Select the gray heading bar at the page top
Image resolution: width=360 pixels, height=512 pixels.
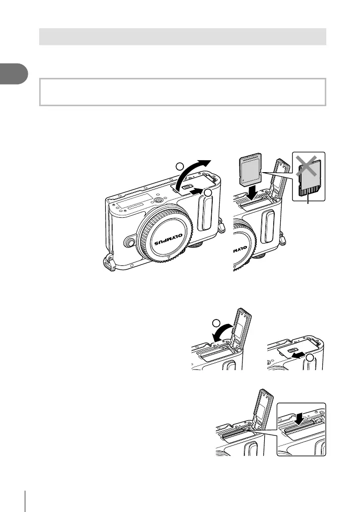point(182,37)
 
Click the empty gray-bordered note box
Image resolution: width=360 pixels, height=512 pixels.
point(182,91)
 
